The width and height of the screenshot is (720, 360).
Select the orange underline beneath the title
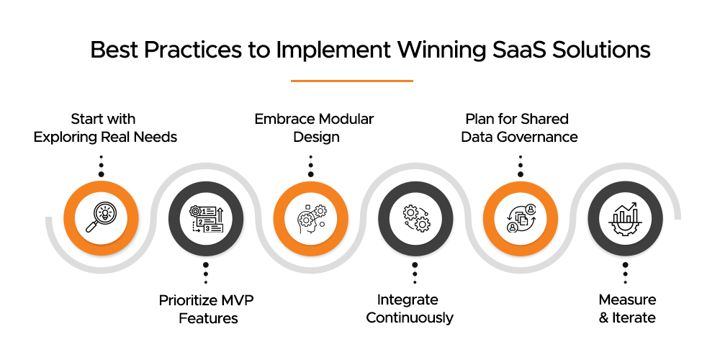point(351,81)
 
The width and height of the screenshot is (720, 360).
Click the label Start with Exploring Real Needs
point(104,127)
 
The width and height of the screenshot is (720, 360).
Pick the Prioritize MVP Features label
point(207,308)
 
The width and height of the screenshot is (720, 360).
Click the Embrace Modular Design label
point(314,127)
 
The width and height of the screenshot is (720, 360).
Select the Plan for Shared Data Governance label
point(519,127)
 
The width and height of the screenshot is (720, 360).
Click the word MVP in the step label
point(237,300)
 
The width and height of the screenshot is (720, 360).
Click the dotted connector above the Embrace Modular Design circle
point(311,165)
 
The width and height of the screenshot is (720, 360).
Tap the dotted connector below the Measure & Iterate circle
point(625,272)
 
